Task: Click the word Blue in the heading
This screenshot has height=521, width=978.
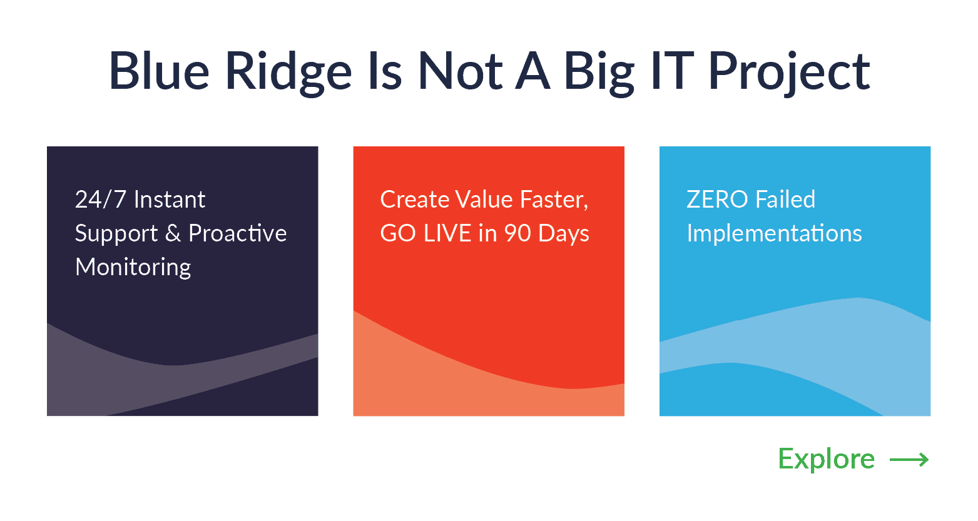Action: (x=160, y=71)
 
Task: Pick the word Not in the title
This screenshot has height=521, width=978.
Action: (x=461, y=71)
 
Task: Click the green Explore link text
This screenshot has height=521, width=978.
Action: (x=827, y=460)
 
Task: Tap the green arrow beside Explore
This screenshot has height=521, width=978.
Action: (x=909, y=460)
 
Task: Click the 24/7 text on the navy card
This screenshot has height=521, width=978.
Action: (x=101, y=200)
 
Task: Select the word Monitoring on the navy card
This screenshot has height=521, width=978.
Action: (x=133, y=268)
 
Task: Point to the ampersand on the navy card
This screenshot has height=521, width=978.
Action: (x=173, y=233)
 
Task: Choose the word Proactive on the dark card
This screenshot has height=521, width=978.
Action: (x=238, y=233)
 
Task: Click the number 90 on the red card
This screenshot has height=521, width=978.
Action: (x=517, y=233)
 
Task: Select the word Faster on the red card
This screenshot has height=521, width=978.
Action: (x=554, y=200)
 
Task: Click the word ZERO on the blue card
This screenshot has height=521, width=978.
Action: (x=717, y=200)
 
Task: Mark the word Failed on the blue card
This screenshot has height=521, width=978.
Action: (x=785, y=200)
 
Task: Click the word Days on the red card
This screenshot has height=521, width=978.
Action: (x=564, y=235)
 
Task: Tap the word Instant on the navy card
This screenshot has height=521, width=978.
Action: (x=170, y=200)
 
